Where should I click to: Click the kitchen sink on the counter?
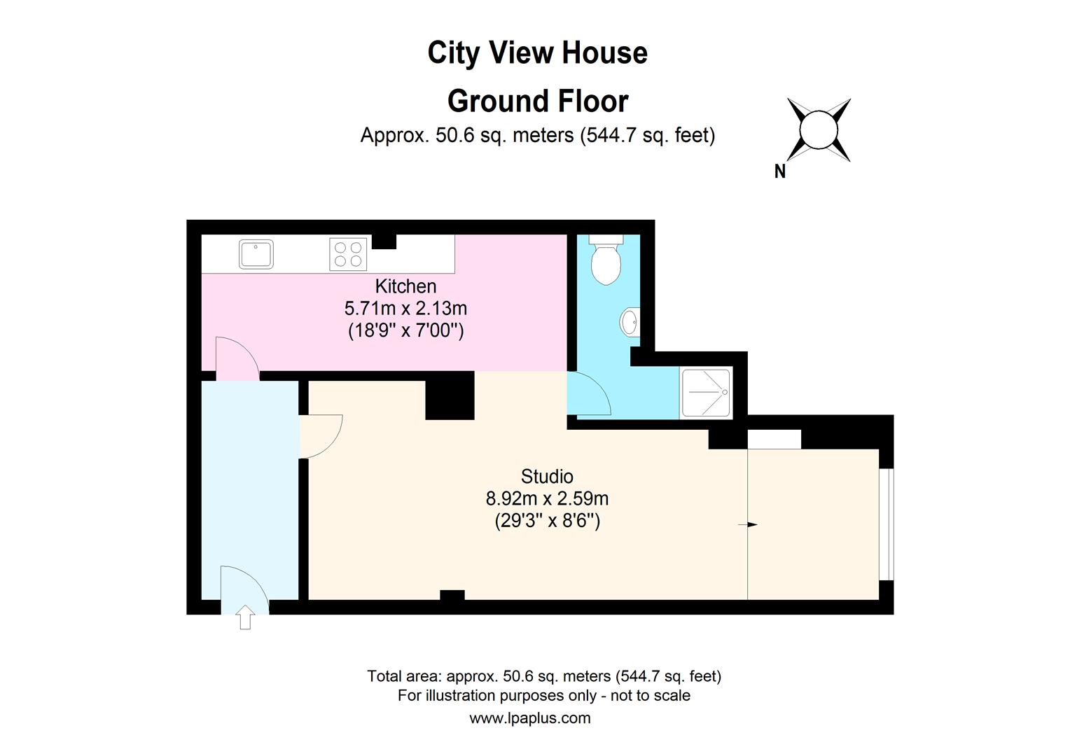pos(256,254)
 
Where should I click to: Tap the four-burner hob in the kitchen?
pos(348,254)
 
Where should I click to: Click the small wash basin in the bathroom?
pos(629,323)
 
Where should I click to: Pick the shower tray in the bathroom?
pos(706,393)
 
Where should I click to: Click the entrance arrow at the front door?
pos(244,617)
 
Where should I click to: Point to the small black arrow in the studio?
pos(751,524)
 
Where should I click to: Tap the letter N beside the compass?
pos(779,171)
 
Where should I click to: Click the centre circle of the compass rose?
pos(819,130)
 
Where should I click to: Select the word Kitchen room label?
pos(405,286)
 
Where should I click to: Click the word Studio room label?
pos(547,477)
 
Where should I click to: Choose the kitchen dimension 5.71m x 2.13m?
pos(405,308)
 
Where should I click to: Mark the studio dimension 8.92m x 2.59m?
pos(547,499)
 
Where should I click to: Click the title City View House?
pos(537,53)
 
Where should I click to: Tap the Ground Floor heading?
pos(537,101)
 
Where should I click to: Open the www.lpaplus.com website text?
pos(529,717)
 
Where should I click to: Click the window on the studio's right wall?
pos(887,524)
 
